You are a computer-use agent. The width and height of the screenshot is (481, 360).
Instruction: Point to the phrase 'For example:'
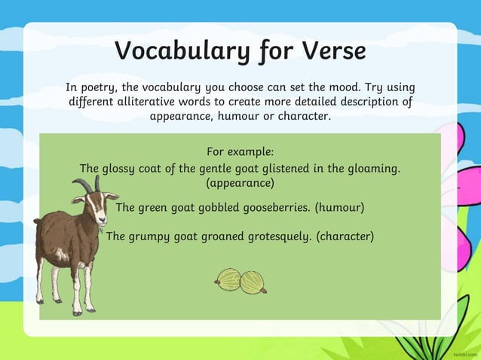pyautogui.click(x=240, y=151)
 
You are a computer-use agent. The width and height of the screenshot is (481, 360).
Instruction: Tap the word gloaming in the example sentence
pyautogui.click(x=372, y=168)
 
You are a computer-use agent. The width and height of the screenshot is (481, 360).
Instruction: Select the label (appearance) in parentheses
pyautogui.click(x=240, y=183)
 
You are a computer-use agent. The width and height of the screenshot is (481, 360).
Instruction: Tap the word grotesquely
pyautogui.click(x=274, y=236)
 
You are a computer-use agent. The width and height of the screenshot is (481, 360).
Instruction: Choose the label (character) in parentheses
pyautogui.click(x=345, y=236)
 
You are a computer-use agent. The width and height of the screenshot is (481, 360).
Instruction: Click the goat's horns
pyautogui.click(x=88, y=184)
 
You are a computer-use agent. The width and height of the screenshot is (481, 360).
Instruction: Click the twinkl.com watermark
pyautogui.click(x=462, y=352)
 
